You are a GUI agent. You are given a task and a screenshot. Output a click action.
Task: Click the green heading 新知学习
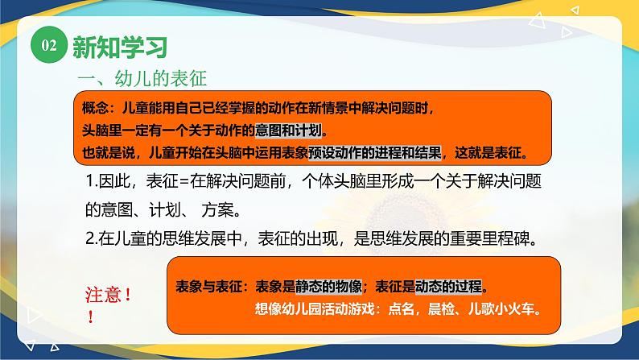[x=119, y=47]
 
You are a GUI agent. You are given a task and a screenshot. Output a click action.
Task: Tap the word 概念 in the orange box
[x=95, y=106]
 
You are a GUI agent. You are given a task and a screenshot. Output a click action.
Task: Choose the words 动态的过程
[x=450, y=287]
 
